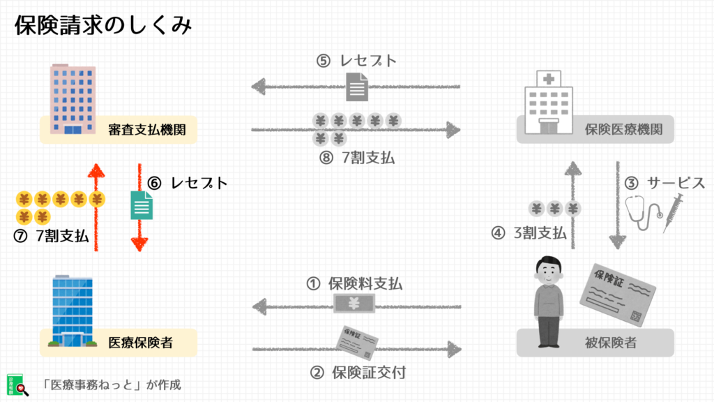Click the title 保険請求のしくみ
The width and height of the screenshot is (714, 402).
[103, 25]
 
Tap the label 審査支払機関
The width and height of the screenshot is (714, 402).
[146, 130]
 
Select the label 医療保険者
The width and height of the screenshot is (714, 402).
[140, 343]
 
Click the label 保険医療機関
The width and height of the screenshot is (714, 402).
[623, 129]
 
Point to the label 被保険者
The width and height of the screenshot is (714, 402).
[610, 343]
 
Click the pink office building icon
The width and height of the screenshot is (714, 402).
[73, 99]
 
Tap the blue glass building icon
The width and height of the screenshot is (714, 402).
[73, 311]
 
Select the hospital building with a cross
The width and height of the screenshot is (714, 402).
[549, 103]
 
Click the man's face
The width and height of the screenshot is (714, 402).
[549, 271]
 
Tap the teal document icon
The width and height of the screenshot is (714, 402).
[142, 205]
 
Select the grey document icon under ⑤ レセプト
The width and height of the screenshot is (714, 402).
[357, 87]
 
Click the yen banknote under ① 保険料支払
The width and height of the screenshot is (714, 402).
[354, 304]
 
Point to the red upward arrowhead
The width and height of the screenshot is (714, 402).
[96, 171]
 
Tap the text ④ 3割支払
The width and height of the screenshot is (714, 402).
[529, 233]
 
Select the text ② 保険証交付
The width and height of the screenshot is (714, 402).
[358, 373]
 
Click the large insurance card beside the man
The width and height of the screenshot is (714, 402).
[618, 295]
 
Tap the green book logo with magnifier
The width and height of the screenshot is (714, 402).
[17, 385]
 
